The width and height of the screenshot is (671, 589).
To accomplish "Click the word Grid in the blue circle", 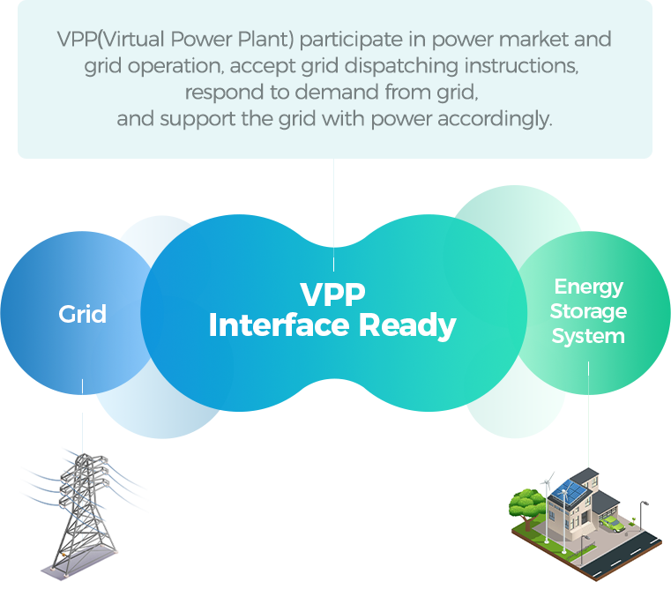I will click(83, 314).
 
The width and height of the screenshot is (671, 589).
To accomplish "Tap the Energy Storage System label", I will click(588, 311).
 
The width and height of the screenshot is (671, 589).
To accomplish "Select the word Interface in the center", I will click(279, 325).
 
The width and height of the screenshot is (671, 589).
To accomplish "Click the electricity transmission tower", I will click(85, 511).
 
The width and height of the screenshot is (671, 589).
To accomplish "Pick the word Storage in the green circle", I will click(588, 311).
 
